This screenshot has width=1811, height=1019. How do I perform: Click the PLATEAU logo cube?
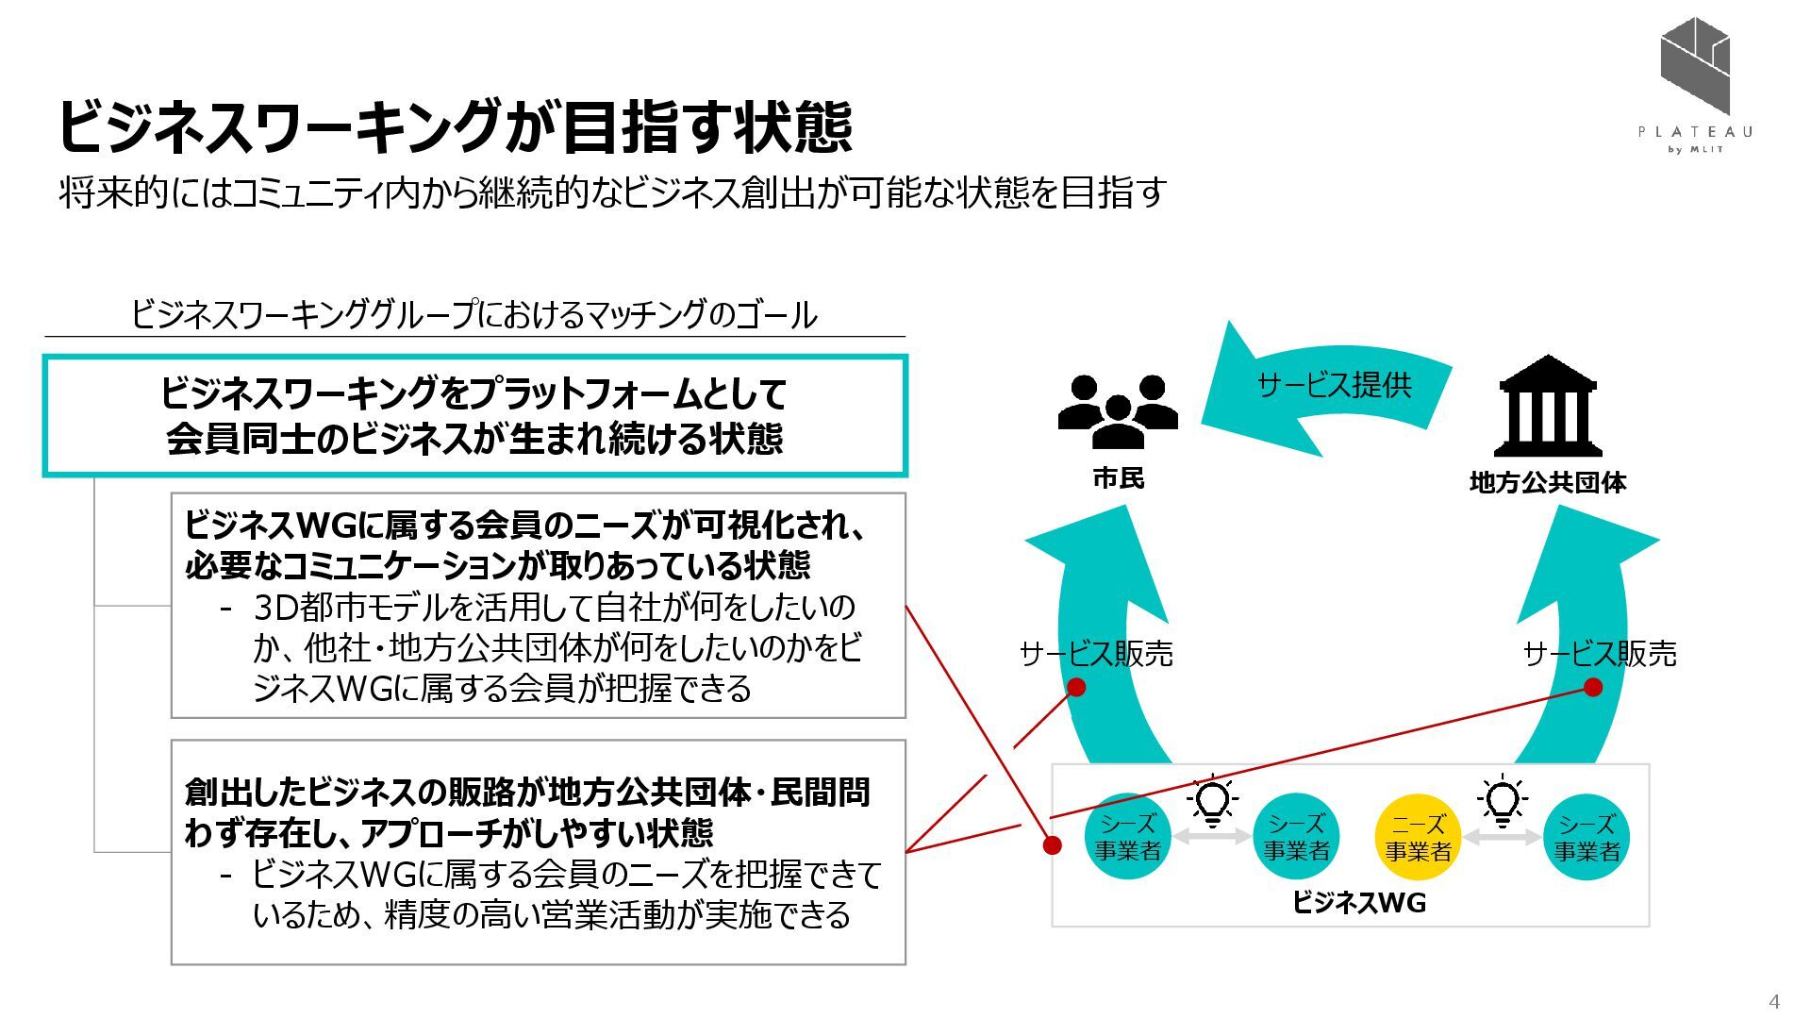click(1695, 64)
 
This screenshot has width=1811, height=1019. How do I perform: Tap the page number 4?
click(1774, 1001)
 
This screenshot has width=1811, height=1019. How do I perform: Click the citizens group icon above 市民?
click(1118, 411)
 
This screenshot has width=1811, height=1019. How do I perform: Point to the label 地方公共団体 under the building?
click(1547, 482)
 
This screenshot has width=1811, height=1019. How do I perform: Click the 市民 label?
click(1118, 478)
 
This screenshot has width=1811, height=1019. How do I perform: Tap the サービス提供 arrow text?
click(1334, 385)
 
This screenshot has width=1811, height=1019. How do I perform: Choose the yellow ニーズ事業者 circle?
click(1418, 838)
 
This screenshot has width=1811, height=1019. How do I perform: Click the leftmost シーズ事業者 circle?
click(1127, 838)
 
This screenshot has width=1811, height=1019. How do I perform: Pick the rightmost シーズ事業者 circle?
click(1587, 838)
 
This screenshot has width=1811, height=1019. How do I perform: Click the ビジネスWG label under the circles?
click(1358, 903)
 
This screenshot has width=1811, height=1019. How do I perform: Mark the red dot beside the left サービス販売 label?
click(1075, 687)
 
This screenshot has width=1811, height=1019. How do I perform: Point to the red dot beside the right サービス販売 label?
click(1593, 687)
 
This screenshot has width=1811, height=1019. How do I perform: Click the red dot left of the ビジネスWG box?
click(1052, 844)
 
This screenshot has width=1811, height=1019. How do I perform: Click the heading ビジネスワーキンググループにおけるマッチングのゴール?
click(474, 314)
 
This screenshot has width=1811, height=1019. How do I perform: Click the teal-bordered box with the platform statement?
click(474, 415)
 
